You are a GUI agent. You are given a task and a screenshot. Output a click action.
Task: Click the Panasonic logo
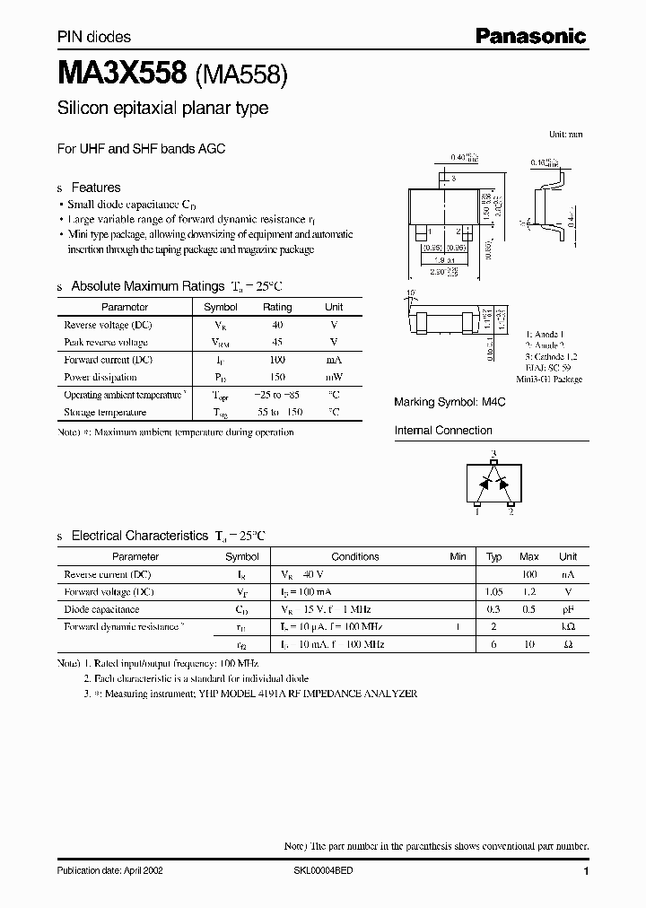click(x=530, y=37)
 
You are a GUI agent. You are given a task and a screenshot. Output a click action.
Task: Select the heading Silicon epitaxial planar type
click(x=162, y=109)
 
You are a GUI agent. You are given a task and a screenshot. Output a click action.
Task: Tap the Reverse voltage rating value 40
click(x=276, y=325)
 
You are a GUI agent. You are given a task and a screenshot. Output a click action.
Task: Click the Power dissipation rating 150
click(x=276, y=378)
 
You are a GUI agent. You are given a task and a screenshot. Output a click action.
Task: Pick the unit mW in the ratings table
click(x=333, y=378)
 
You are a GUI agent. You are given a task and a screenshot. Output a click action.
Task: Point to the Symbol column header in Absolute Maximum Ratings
click(x=221, y=307)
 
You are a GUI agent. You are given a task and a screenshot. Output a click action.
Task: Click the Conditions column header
click(x=355, y=556)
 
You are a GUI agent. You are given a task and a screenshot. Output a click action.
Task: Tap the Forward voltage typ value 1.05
click(x=493, y=592)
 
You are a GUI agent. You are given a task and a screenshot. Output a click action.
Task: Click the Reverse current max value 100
click(x=529, y=574)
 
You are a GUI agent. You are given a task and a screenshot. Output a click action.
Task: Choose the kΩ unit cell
click(x=568, y=627)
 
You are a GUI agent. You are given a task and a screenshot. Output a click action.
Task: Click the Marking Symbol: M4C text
click(x=450, y=403)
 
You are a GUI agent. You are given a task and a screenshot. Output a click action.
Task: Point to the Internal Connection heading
click(x=443, y=431)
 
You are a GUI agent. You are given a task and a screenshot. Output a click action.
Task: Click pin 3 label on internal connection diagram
click(x=493, y=455)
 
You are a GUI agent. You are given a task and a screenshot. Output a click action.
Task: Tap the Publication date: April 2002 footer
click(x=109, y=871)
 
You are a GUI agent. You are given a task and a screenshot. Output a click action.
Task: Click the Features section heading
click(x=95, y=188)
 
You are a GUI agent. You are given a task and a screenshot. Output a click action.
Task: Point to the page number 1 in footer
click(x=586, y=871)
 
